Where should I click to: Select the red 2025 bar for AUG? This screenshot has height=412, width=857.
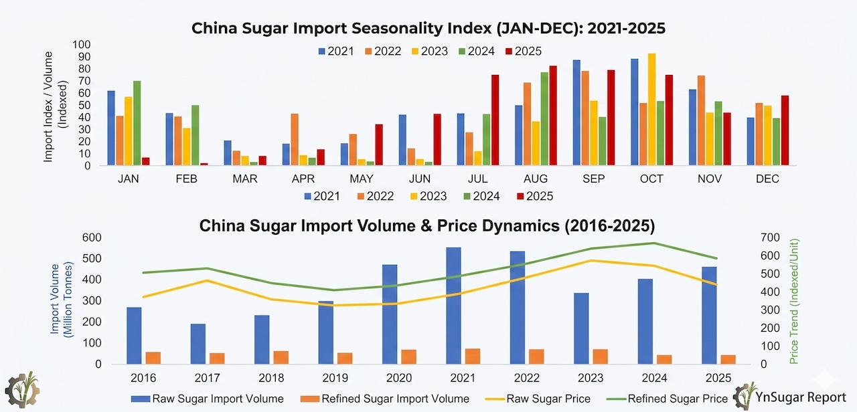552,115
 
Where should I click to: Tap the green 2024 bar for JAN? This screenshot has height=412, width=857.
137,123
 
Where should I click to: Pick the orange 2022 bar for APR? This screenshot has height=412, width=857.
295,139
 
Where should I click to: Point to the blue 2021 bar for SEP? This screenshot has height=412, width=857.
576,112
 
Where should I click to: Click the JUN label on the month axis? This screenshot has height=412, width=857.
419,179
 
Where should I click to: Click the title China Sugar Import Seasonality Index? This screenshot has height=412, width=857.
428,28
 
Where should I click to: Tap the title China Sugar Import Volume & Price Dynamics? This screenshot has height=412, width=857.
427,225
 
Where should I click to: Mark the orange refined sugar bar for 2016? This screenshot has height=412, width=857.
153,358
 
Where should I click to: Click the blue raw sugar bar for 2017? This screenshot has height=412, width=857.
198,344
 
